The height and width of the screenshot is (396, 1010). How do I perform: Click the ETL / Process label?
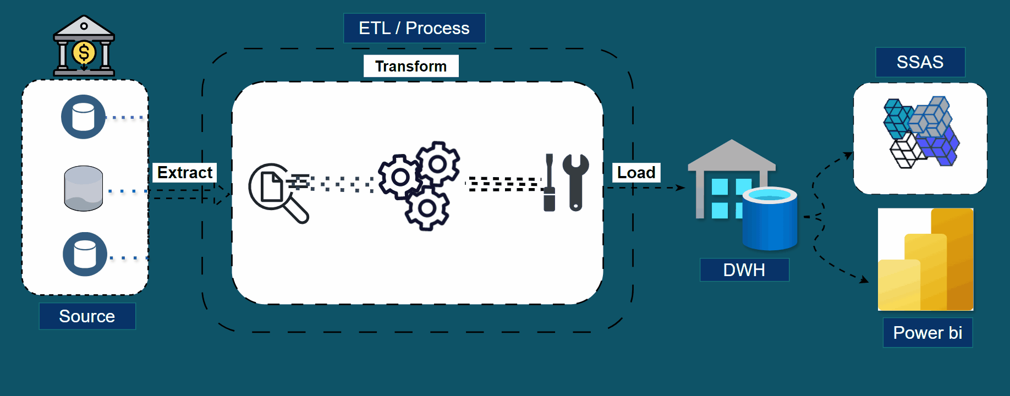click(414, 28)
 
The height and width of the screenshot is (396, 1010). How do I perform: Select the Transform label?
click(411, 66)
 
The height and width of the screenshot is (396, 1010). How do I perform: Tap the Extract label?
click(184, 172)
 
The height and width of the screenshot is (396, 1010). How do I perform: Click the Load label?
click(636, 172)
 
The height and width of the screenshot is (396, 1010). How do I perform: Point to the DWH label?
click(744, 269)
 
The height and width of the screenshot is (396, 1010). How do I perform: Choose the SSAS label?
click(920, 62)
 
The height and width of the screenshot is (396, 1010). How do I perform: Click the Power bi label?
click(927, 332)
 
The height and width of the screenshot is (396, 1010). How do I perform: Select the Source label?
click(87, 316)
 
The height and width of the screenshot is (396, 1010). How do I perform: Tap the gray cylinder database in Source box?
click(84, 189)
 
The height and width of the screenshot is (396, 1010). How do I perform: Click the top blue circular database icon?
click(83, 117)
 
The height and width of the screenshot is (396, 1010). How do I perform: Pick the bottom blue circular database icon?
click(85, 254)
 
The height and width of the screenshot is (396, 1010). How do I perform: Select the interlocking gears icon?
click(421, 185)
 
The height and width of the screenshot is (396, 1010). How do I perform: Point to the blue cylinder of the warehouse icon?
click(770, 218)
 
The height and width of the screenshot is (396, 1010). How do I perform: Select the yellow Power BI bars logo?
click(926, 260)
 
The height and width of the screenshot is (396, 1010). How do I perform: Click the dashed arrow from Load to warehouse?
click(649, 188)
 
